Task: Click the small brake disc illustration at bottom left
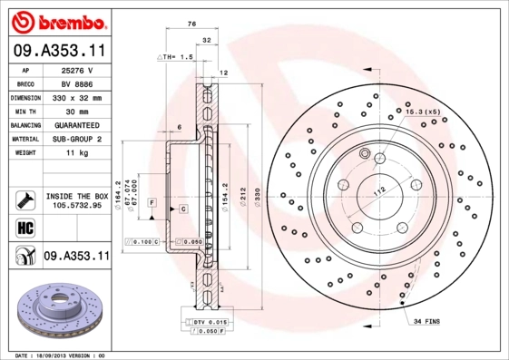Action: [x=56, y=308]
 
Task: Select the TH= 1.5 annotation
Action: [x=177, y=56]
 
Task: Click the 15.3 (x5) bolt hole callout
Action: [x=423, y=111]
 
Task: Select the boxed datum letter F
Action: [x=152, y=200]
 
